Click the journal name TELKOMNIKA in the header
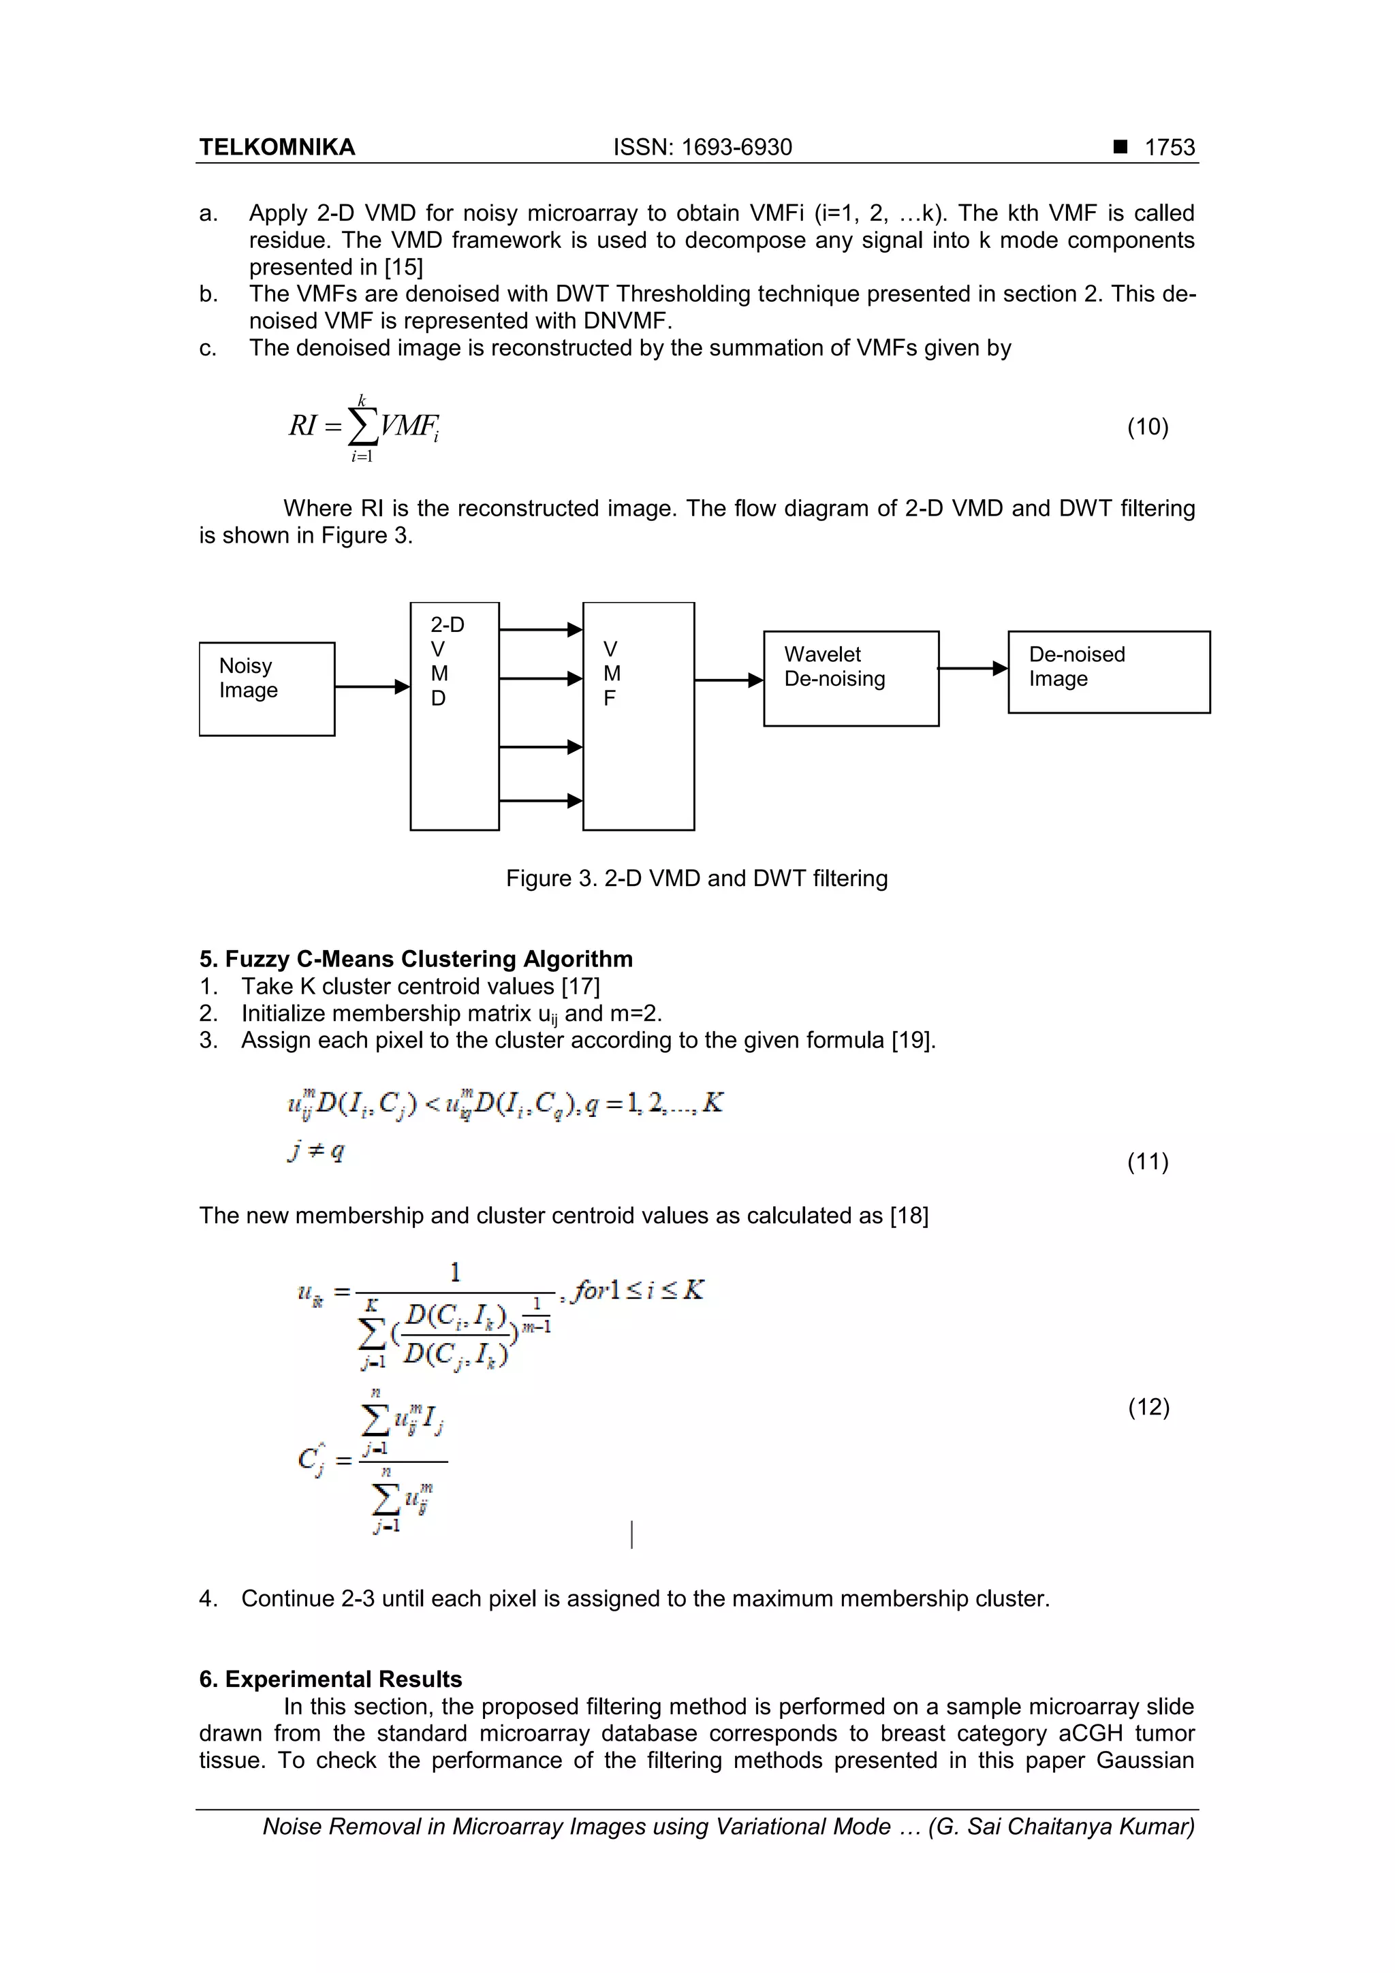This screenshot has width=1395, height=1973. (277, 147)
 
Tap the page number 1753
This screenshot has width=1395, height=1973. (1169, 147)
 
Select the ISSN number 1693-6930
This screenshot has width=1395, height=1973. (736, 147)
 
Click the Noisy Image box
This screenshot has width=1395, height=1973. (266, 689)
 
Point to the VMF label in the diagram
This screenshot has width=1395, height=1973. (611, 674)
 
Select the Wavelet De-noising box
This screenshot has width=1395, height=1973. (850, 678)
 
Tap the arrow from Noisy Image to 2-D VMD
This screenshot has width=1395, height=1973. (371, 686)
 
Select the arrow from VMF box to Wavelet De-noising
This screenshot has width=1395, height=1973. (728, 680)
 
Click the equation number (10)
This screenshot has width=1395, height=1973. (1148, 427)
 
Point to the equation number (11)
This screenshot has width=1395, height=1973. (1148, 1162)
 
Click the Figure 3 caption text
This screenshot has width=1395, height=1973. (696, 879)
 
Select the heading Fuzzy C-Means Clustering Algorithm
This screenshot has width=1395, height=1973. (416, 959)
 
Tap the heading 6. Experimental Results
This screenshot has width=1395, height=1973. (330, 1679)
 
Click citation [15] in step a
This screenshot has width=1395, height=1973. (403, 267)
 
